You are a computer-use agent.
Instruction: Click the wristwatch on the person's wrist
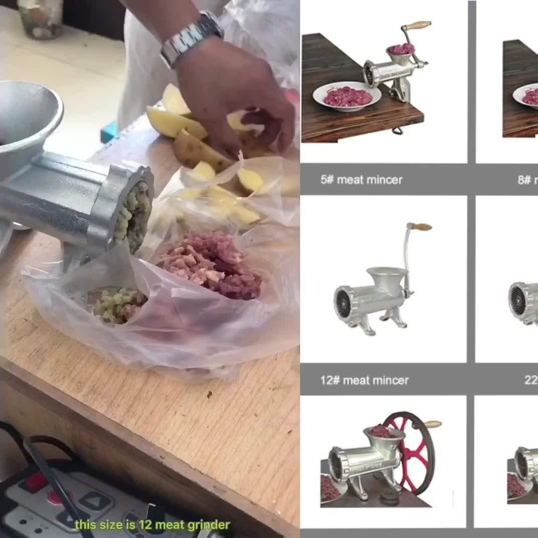191,38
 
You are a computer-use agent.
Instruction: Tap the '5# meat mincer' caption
361,180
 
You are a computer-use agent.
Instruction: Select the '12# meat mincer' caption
364,380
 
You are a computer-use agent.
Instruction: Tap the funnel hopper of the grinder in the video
28,120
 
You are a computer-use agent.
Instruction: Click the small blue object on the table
108,132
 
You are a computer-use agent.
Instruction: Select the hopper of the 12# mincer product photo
386,277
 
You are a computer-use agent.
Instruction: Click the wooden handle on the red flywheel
433,425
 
